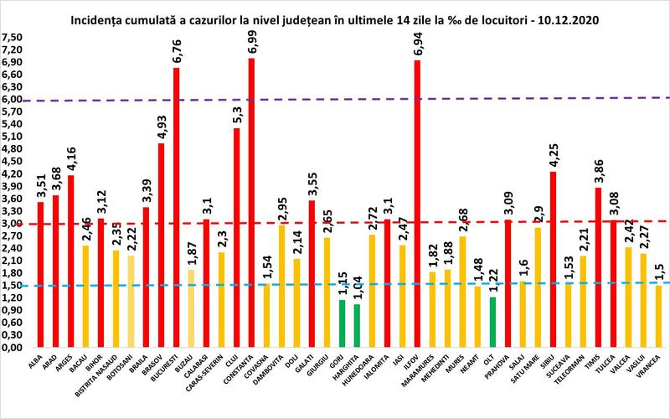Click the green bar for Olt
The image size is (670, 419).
click(492, 322)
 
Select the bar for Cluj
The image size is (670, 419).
click(236, 237)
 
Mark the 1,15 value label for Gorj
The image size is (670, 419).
click(342, 283)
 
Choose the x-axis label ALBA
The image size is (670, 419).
click(39, 362)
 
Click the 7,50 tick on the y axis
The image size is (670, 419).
click(12, 37)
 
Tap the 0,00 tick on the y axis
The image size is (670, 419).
click(12, 348)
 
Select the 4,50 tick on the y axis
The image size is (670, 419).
click(12, 161)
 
